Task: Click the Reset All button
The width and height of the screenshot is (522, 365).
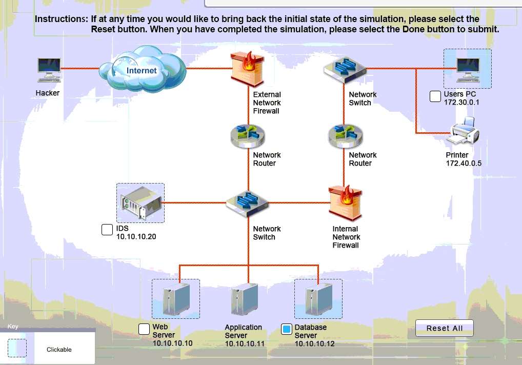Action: tap(444, 328)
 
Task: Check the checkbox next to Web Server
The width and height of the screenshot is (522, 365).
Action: tap(145, 329)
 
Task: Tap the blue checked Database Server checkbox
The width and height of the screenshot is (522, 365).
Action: tap(287, 329)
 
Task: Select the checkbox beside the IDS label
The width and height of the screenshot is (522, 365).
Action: tap(107, 230)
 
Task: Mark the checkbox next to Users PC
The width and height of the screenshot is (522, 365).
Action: tap(435, 96)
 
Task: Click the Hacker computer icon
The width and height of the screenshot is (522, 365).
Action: tap(49, 70)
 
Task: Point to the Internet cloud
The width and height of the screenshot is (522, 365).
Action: tap(142, 69)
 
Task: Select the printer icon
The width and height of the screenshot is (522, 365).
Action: tap(464, 131)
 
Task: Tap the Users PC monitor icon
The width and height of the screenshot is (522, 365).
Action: tap(468, 69)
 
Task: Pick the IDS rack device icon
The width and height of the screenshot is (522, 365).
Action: tap(140, 203)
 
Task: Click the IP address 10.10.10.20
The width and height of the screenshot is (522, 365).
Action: tap(136, 237)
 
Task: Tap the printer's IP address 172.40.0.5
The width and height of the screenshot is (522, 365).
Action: tap(464, 164)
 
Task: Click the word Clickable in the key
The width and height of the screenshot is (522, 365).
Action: tap(59, 350)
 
